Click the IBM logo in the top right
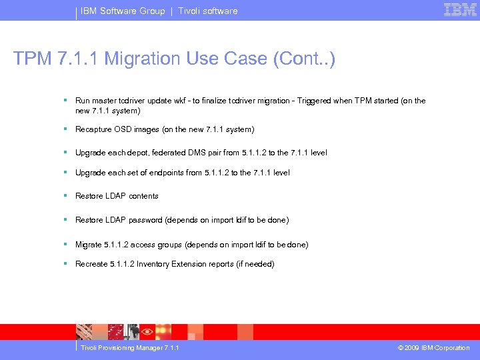tap(460, 10)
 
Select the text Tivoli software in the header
tap(207, 11)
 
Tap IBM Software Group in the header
tap(123, 11)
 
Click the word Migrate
tap(89, 245)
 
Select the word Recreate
tap(91, 264)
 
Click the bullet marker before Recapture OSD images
tap(65, 129)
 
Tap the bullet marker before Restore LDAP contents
tap(65, 195)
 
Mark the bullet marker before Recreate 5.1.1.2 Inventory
tap(65, 263)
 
